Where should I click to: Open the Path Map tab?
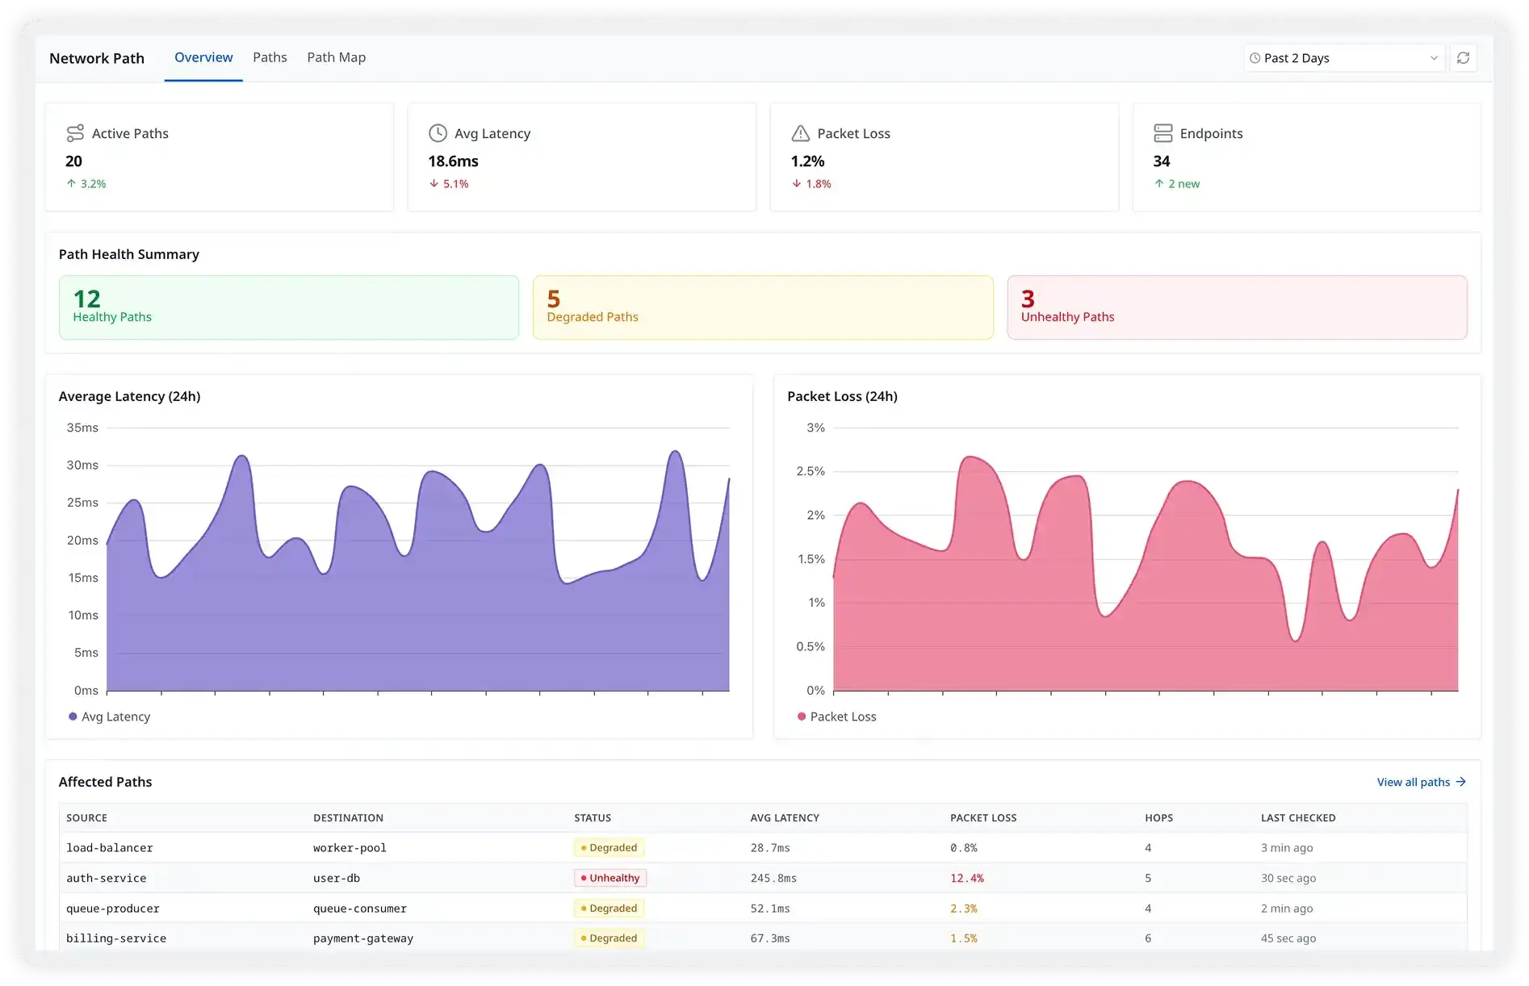point(336,57)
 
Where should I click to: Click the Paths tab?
point(270,57)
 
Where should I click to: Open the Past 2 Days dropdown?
point(1343,58)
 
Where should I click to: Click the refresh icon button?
point(1463,58)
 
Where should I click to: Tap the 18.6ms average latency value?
point(453,161)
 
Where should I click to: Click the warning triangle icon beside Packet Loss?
point(800,133)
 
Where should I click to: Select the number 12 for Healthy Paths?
point(87,299)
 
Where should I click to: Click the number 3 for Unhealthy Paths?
point(1028,299)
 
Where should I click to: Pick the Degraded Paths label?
point(593,317)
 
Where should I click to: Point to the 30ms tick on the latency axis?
point(82,465)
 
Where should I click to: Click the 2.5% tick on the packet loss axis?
point(811,471)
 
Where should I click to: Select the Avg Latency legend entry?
point(110,717)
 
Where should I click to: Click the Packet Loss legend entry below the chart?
point(837,717)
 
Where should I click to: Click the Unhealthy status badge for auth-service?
point(610,878)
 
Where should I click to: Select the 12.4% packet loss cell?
point(966,878)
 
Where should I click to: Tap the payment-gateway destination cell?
point(363,938)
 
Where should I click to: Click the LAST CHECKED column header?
point(1298,817)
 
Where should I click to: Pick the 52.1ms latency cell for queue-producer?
point(770,909)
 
